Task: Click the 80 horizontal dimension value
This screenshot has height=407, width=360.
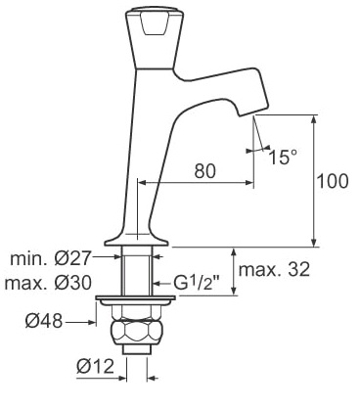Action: [205, 170]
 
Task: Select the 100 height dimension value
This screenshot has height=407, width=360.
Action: [333, 181]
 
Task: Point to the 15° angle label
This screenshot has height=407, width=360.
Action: [283, 157]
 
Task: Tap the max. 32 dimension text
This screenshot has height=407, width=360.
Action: [274, 269]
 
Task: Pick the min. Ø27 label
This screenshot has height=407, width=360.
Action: [50, 258]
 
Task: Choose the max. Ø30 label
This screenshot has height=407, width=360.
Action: [48, 283]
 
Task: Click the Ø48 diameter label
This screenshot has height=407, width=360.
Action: [44, 322]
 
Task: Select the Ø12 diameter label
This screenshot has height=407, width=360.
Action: [96, 366]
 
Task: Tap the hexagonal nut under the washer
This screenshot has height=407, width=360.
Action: [135, 333]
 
